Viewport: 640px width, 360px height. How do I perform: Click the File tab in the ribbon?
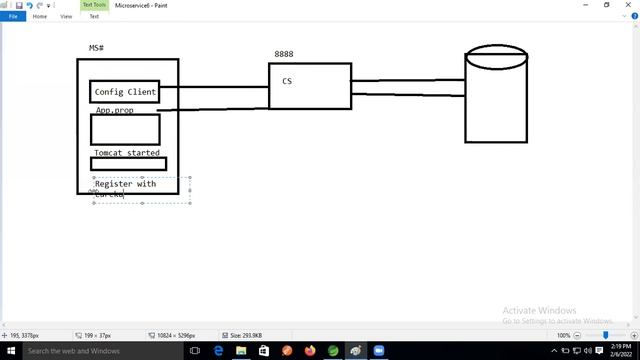13,16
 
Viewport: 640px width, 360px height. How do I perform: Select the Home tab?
40,16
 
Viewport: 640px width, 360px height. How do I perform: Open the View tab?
66,16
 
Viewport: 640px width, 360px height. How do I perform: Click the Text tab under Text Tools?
94,16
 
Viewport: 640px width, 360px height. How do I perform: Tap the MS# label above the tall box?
97,48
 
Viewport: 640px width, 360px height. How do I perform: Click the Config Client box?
125,92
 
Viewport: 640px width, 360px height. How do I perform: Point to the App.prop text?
115,110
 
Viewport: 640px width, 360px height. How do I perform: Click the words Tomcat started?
127,153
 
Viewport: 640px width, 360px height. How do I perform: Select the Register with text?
125,184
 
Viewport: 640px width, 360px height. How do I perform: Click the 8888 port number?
284,54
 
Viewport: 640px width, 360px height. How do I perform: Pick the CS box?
310,86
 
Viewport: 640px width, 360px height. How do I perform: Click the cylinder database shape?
496,95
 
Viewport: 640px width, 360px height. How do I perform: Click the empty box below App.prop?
125,129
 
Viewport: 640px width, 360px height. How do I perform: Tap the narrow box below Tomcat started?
129,164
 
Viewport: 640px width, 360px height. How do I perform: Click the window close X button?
628,5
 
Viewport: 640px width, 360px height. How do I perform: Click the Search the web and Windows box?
95,351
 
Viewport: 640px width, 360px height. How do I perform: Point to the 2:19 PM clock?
619,347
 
